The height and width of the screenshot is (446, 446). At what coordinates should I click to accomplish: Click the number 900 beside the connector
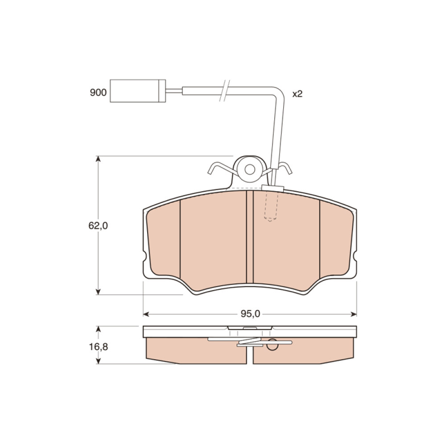pyautogui.click(x=98, y=92)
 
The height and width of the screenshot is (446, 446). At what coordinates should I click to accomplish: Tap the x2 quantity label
pyautogui.click(x=297, y=94)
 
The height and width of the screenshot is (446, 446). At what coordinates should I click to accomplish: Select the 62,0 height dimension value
pyautogui.click(x=98, y=226)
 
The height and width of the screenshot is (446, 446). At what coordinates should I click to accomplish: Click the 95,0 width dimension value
pyautogui.click(x=250, y=314)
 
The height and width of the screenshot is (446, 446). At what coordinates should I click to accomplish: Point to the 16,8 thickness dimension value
pyautogui.click(x=99, y=347)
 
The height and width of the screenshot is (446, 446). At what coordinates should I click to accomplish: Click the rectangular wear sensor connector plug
pyautogui.click(x=138, y=91)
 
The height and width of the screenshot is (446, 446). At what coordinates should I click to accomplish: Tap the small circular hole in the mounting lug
pyautogui.click(x=250, y=169)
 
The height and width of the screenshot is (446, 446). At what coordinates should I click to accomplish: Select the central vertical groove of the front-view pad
pyautogui.click(x=249, y=237)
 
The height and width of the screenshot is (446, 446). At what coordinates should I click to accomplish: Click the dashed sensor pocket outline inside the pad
pyautogui.click(x=270, y=205)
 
